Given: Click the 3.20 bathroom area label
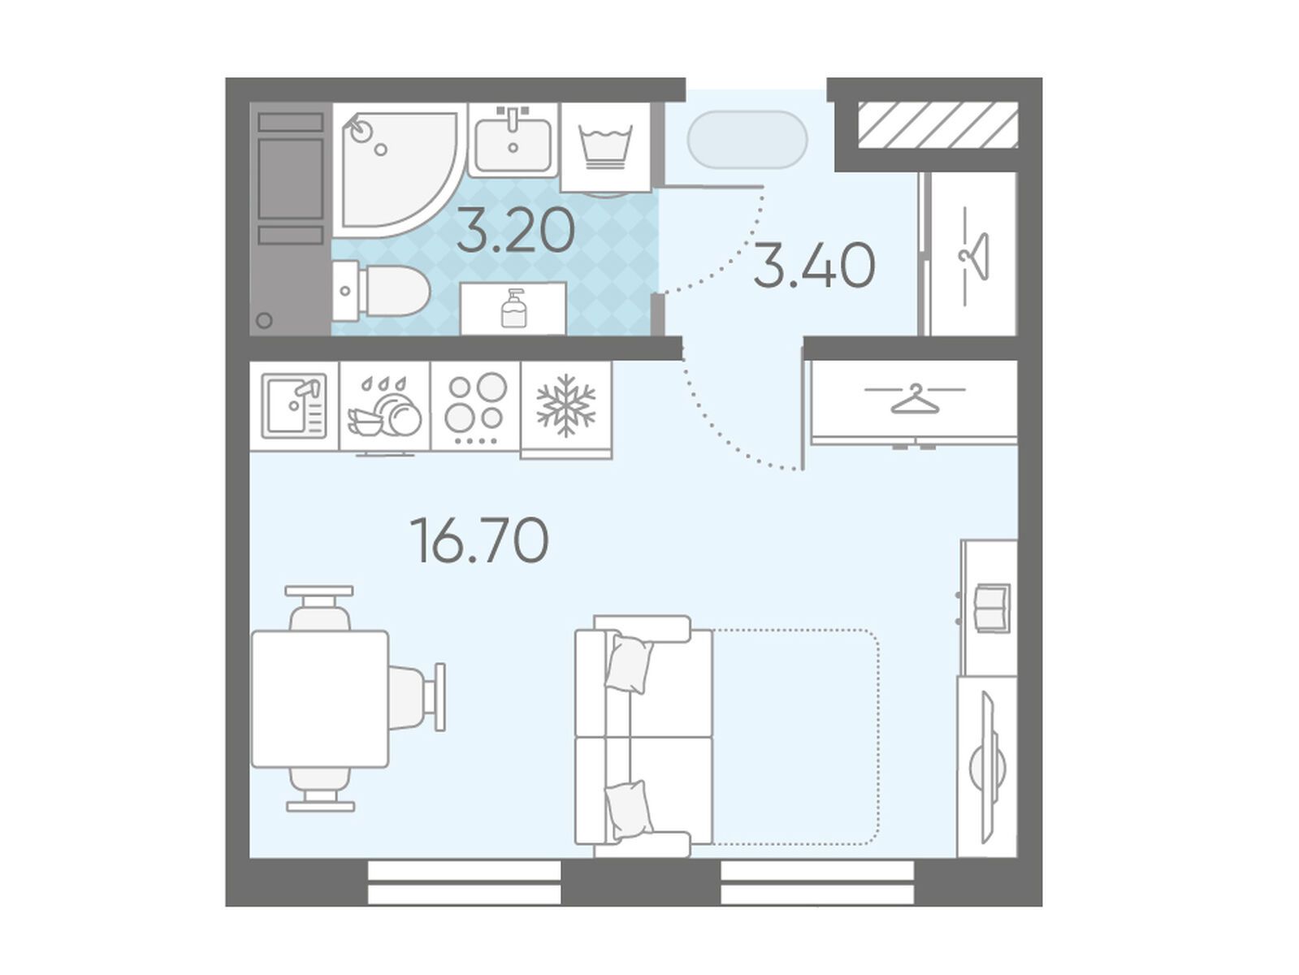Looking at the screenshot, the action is (516, 230).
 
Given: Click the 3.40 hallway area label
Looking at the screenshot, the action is (814, 266).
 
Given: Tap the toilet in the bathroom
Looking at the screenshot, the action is (380, 291).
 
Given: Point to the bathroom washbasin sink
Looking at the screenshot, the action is (513, 141).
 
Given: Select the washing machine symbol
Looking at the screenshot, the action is (607, 148).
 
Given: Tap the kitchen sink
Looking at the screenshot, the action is (294, 405).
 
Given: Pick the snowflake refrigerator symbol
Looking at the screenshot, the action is (565, 405).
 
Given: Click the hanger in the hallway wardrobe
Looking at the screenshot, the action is (974, 258).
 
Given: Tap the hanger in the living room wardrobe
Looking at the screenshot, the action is (915, 399).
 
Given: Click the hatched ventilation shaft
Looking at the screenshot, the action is (937, 124).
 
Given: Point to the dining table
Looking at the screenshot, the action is (320, 699).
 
